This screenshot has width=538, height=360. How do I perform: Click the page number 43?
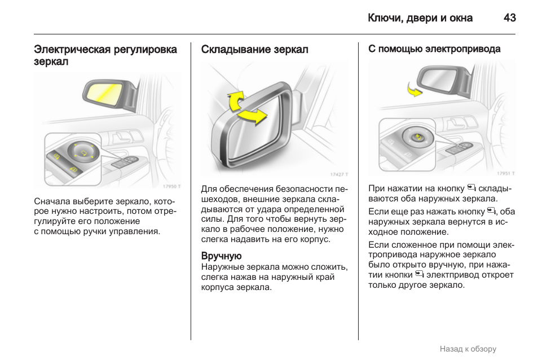click(x=509, y=18)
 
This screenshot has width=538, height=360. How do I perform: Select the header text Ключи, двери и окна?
click(x=420, y=18)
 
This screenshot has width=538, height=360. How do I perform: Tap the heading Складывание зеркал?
click(x=254, y=50)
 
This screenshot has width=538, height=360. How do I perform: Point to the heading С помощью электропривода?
click(x=434, y=49)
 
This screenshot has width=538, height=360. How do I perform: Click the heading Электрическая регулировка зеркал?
click(x=105, y=55)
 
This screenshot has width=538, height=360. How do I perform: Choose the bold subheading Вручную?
click(x=221, y=256)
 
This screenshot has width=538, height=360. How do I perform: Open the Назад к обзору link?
click(x=468, y=349)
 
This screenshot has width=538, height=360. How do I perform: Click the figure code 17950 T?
click(x=171, y=186)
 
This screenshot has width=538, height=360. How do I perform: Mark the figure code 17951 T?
click(x=505, y=173)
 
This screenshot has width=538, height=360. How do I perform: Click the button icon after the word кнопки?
click(x=419, y=274)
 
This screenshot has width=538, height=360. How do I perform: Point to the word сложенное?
click(x=413, y=244)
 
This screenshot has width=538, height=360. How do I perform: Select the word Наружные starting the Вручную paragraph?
click(x=223, y=266)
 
